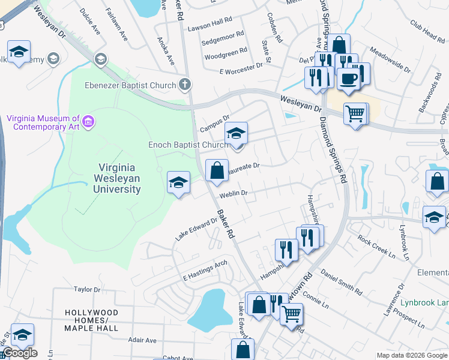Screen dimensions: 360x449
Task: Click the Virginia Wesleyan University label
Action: [x=117, y=178]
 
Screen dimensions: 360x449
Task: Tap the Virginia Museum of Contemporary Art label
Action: [x=43, y=123]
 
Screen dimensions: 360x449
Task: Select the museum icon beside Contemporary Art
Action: [x=89, y=123]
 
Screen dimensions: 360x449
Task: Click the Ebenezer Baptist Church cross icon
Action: [x=185, y=85]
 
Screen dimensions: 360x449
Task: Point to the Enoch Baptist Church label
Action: [x=188, y=145]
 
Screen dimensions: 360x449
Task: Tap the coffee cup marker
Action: [x=348, y=79]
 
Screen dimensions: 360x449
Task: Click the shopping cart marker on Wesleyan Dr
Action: [x=355, y=113]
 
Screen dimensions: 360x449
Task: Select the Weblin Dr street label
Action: [x=234, y=194]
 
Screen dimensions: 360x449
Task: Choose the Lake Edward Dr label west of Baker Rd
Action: [x=196, y=229]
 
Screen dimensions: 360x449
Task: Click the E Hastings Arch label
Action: [x=205, y=271]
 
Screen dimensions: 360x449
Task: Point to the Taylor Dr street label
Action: [x=86, y=289]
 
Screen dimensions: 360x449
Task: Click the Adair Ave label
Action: [x=142, y=340]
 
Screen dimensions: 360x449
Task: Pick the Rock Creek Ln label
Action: [x=376, y=247]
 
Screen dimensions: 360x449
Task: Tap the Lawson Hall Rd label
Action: [x=209, y=21]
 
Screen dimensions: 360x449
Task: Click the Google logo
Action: [x=20, y=353]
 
